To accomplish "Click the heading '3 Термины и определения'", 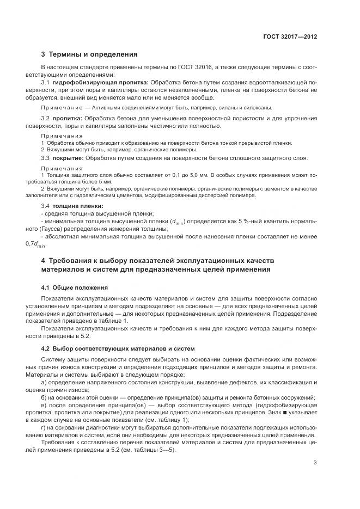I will tap(89, 54).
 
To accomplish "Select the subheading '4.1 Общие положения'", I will tap(75, 287).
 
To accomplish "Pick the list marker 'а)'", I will tap(44, 383).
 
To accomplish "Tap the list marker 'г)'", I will tap(44, 428).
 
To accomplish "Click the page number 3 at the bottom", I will tap(315, 463).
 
